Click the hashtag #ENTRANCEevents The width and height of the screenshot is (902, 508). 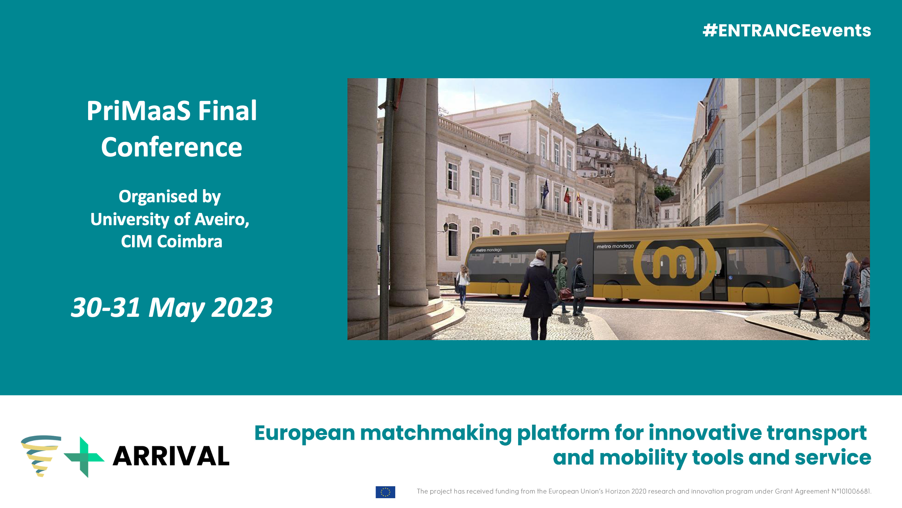point(787,30)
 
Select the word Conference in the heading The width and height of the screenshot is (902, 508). point(172,147)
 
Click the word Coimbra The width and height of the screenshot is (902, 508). point(190,241)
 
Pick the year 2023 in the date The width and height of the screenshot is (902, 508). point(242,307)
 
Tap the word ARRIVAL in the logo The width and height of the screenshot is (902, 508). point(171,456)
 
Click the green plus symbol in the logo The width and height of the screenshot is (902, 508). point(84,457)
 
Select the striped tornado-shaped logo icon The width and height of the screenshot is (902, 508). point(41,455)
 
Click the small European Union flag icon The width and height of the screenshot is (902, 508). point(385,492)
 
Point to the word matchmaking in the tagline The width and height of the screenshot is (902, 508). point(436,433)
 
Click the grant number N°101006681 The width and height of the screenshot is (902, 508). point(851,491)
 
